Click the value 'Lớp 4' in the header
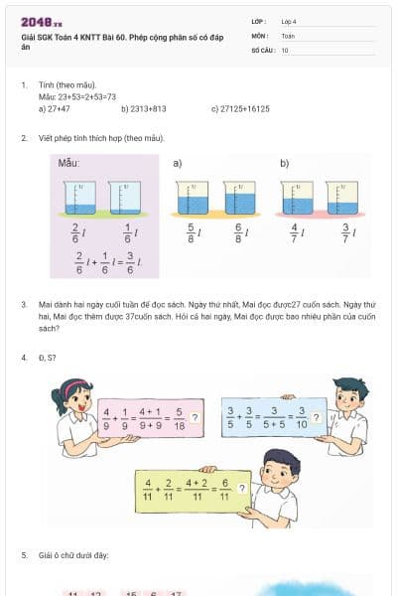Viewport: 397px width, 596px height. click(x=289, y=21)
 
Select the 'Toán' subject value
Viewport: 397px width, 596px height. click(x=288, y=35)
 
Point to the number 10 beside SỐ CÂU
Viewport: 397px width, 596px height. click(x=285, y=50)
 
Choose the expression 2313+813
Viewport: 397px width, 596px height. click(x=144, y=109)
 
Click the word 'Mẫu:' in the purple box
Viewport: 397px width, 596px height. click(x=68, y=162)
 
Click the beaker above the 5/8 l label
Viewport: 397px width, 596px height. click(x=192, y=198)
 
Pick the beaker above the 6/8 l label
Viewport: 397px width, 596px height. click(x=239, y=198)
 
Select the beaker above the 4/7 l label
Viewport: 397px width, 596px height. click(x=298, y=198)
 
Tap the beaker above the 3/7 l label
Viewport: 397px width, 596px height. click(x=341, y=198)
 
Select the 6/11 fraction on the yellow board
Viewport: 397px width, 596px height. click(x=225, y=491)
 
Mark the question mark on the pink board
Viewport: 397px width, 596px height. click(x=195, y=417)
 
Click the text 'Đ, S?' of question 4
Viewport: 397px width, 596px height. click(x=48, y=358)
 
